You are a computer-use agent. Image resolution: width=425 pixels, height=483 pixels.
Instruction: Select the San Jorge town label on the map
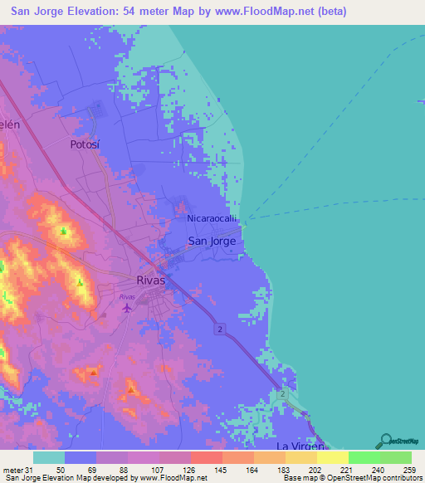(212, 242)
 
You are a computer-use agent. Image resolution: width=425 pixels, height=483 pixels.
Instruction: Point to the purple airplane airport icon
(126, 309)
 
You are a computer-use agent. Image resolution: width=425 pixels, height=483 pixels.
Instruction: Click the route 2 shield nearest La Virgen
(284, 393)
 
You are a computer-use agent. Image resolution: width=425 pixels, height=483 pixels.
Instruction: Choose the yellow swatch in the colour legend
(333, 458)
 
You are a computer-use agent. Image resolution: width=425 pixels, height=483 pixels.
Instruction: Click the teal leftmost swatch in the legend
(49, 458)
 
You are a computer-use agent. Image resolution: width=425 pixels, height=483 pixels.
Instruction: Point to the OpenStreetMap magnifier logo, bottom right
(384, 440)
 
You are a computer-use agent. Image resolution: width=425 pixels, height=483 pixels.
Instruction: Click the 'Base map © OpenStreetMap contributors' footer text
(351, 478)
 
